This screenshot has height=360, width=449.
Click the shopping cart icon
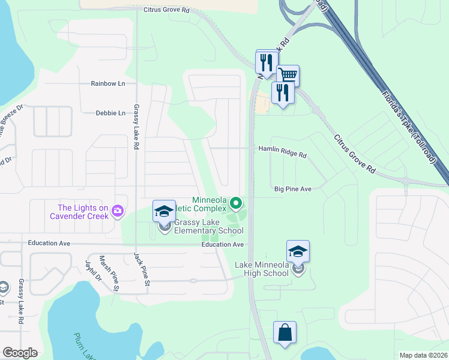288,75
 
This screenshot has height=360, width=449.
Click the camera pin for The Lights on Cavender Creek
118,210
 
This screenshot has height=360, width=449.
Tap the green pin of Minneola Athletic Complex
236,204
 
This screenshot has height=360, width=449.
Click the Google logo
20,353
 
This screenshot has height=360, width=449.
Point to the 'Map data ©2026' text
423,355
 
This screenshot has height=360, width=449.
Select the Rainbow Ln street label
107,83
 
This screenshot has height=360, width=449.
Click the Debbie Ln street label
110,113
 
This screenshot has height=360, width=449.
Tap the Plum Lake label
85,347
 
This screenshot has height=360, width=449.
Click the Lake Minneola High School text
262,269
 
